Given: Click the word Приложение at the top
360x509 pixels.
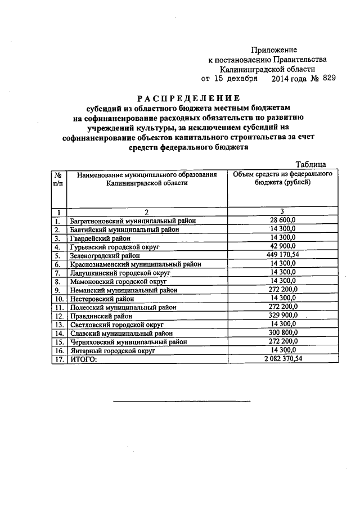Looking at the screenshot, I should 274,50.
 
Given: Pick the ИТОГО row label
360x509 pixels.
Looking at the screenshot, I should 83,359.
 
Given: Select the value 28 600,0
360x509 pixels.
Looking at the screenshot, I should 283,220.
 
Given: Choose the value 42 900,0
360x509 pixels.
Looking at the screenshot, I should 283,246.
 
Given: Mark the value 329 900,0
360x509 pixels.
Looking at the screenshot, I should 283,316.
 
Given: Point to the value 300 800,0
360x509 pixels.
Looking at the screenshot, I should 283,333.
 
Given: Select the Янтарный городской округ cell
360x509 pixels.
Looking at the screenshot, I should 112,350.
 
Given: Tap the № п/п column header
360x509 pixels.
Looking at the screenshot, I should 58,179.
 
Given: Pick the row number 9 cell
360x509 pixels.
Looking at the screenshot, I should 58,290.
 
